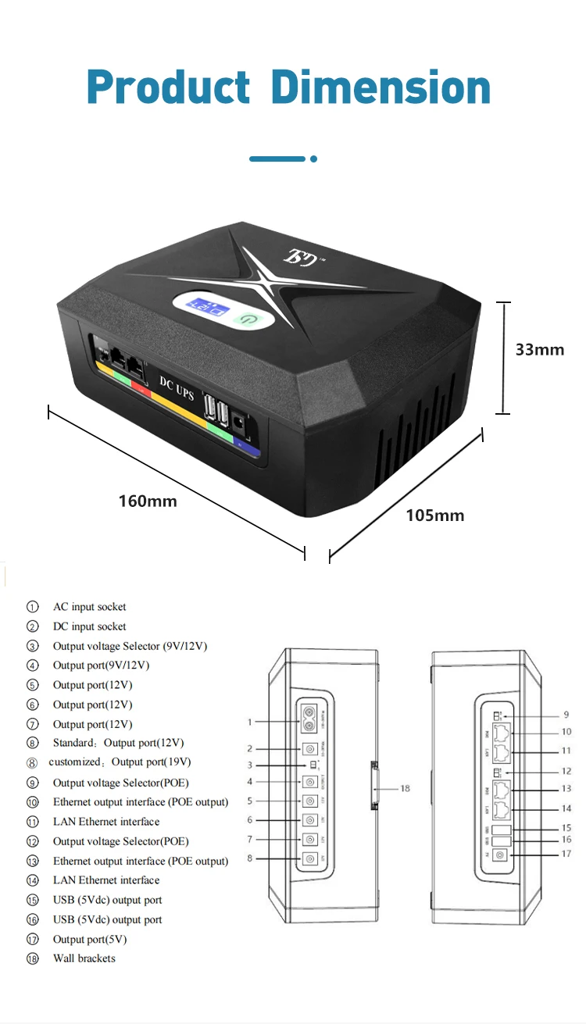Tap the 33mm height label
coord(539,350)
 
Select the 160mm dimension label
coord(148,501)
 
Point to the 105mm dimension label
coord(434,516)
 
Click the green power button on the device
coord(246,319)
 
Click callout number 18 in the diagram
coord(405,789)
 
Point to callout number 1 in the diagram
coord(250,723)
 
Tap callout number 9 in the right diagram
coord(566,715)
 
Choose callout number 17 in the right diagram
coord(566,855)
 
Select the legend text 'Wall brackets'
coord(84,958)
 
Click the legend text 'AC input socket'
coord(89,607)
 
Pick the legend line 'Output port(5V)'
coord(89,939)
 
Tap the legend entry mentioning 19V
coord(120,762)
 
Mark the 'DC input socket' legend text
coord(89,626)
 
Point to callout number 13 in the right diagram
coord(566,789)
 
